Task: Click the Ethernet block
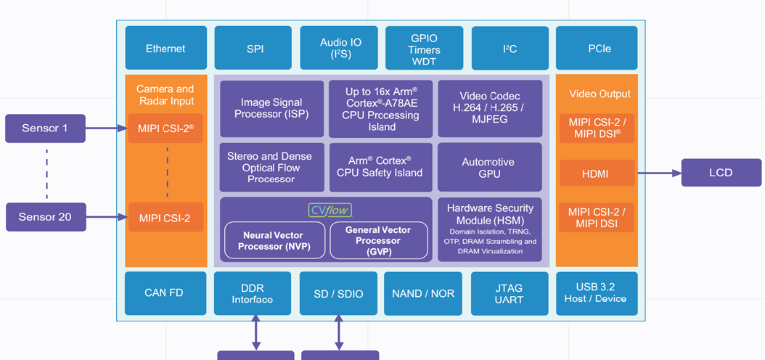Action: (165, 49)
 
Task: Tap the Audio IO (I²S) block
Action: (340, 49)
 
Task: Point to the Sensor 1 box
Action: (45, 128)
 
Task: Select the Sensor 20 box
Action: (45, 217)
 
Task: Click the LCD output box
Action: (720, 173)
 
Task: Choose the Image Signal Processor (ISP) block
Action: (271, 109)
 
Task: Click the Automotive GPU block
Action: (488, 168)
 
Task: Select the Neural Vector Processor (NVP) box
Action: (274, 241)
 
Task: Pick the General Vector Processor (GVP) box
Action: (378, 241)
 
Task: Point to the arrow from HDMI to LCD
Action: (658, 173)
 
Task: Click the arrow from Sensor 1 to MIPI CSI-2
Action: (107, 128)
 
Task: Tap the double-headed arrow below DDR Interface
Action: (255, 332)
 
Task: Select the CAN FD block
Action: (164, 293)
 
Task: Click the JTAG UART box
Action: (508, 293)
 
